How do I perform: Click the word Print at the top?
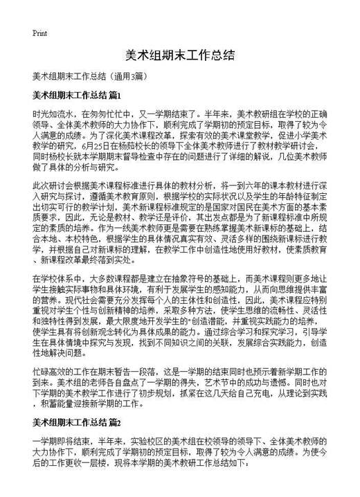[40, 33]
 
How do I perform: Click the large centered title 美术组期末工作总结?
[179, 55]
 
